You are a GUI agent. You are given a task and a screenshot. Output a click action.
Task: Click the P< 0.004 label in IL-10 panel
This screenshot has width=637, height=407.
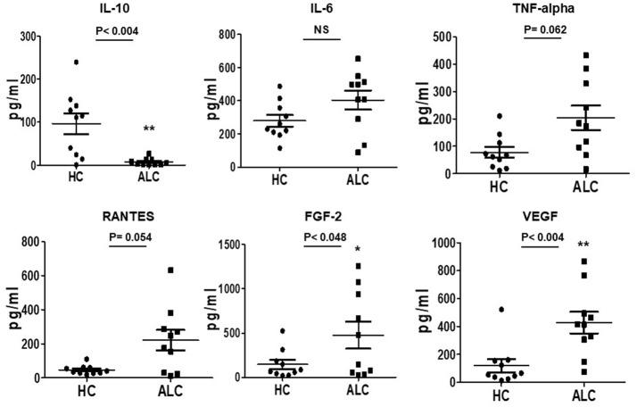[x=120, y=31]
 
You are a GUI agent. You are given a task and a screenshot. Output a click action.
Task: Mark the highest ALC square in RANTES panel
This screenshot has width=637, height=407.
[x=170, y=270]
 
